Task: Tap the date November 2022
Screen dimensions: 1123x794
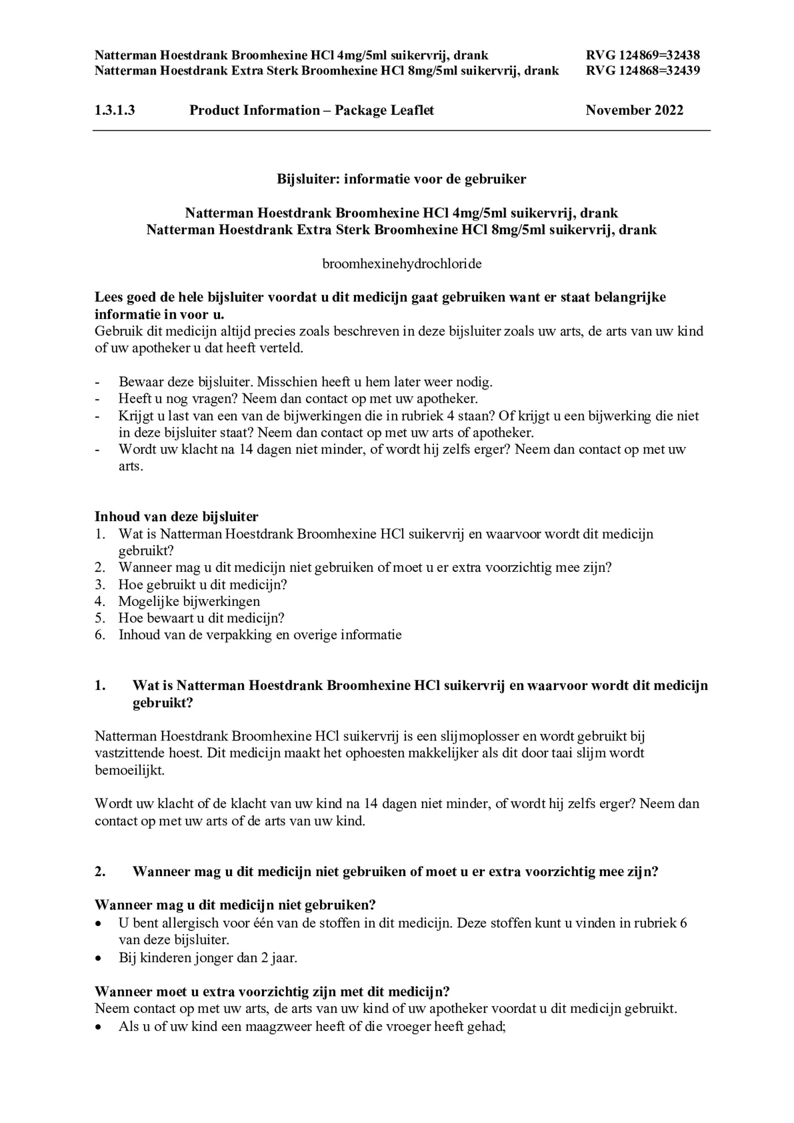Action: (634, 110)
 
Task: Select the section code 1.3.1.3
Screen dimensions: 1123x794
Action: (114, 110)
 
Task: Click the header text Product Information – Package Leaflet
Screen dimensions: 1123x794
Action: (311, 110)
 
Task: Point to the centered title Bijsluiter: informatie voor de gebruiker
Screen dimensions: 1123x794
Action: (401, 179)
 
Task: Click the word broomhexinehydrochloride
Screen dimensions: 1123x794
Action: (402, 264)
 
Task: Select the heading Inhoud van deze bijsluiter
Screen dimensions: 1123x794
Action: (176, 516)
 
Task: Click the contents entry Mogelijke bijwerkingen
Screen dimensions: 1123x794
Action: (189, 601)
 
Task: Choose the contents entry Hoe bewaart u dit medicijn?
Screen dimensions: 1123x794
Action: (201, 618)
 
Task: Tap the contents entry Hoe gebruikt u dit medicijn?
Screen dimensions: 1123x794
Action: (202, 584)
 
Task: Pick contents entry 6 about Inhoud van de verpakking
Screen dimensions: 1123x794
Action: (260, 635)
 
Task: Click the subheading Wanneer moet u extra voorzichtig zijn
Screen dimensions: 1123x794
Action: (272, 991)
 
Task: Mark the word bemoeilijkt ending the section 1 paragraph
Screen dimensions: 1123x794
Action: (130, 770)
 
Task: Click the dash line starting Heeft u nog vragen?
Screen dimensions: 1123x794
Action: (298, 398)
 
